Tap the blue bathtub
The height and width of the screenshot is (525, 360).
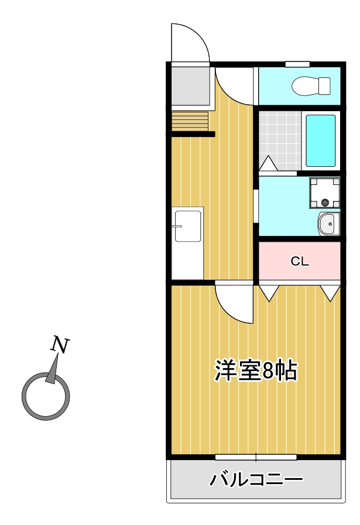point(321,140)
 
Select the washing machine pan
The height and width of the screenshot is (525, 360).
point(324,194)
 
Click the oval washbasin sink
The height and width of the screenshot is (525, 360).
point(328,224)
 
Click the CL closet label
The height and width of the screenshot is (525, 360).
point(300,262)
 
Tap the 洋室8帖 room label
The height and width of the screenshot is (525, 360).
point(256,371)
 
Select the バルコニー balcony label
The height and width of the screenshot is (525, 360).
point(256,481)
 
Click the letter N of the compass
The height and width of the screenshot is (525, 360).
point(60,345)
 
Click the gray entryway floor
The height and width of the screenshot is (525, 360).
point(190,86)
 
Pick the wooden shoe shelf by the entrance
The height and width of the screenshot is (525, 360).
point(190,122)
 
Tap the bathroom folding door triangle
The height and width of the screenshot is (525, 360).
point(269,163)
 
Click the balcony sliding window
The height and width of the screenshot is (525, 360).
point(256,457)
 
